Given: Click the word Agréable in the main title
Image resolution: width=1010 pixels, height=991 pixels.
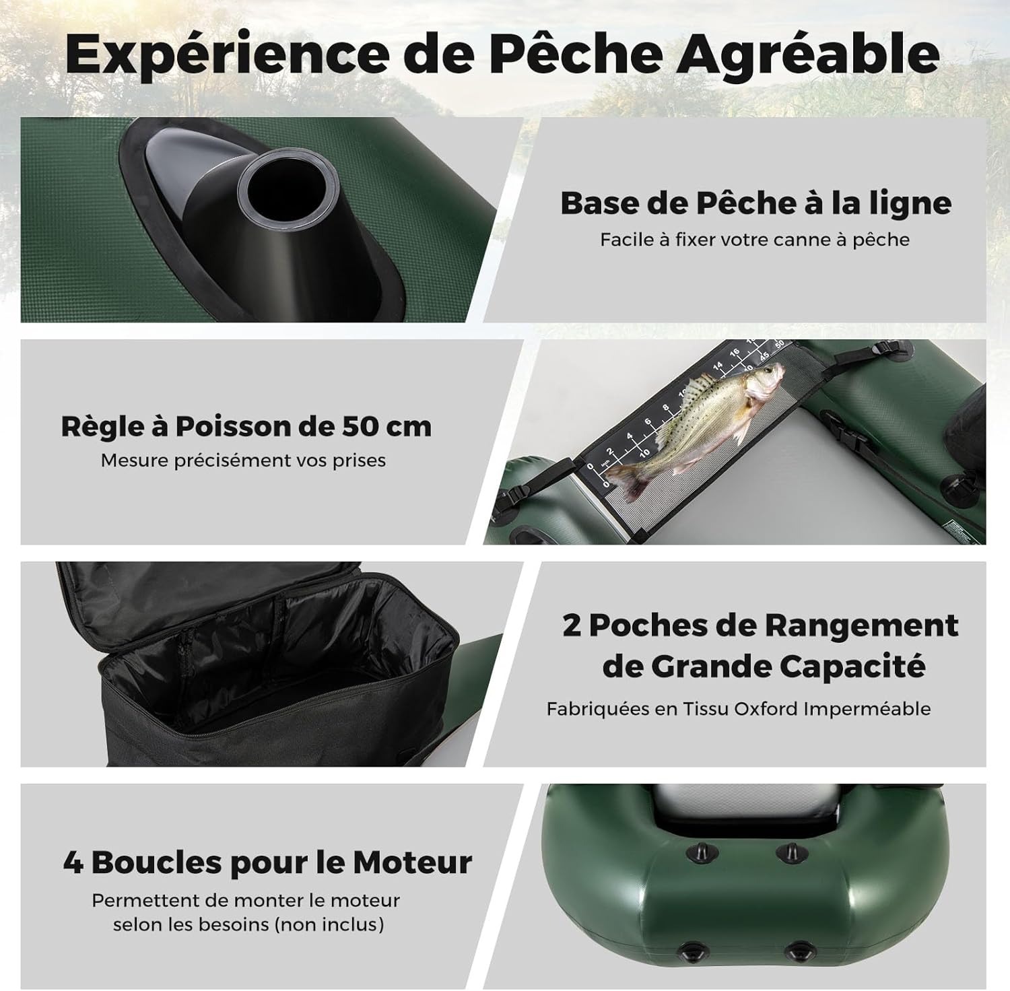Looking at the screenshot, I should (x=807, y=55).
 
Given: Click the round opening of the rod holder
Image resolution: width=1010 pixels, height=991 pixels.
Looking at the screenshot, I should (x=289, y=189).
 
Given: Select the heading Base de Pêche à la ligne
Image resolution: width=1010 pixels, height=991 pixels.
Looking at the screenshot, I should (x=755, y=203).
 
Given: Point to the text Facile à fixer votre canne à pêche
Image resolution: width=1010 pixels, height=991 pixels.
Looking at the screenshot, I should (x=755, y=240).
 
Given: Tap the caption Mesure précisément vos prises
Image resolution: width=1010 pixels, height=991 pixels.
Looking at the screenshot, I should (x=243, y=460).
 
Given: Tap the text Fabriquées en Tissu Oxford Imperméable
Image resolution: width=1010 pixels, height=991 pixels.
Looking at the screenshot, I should (x=739, y=709).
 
